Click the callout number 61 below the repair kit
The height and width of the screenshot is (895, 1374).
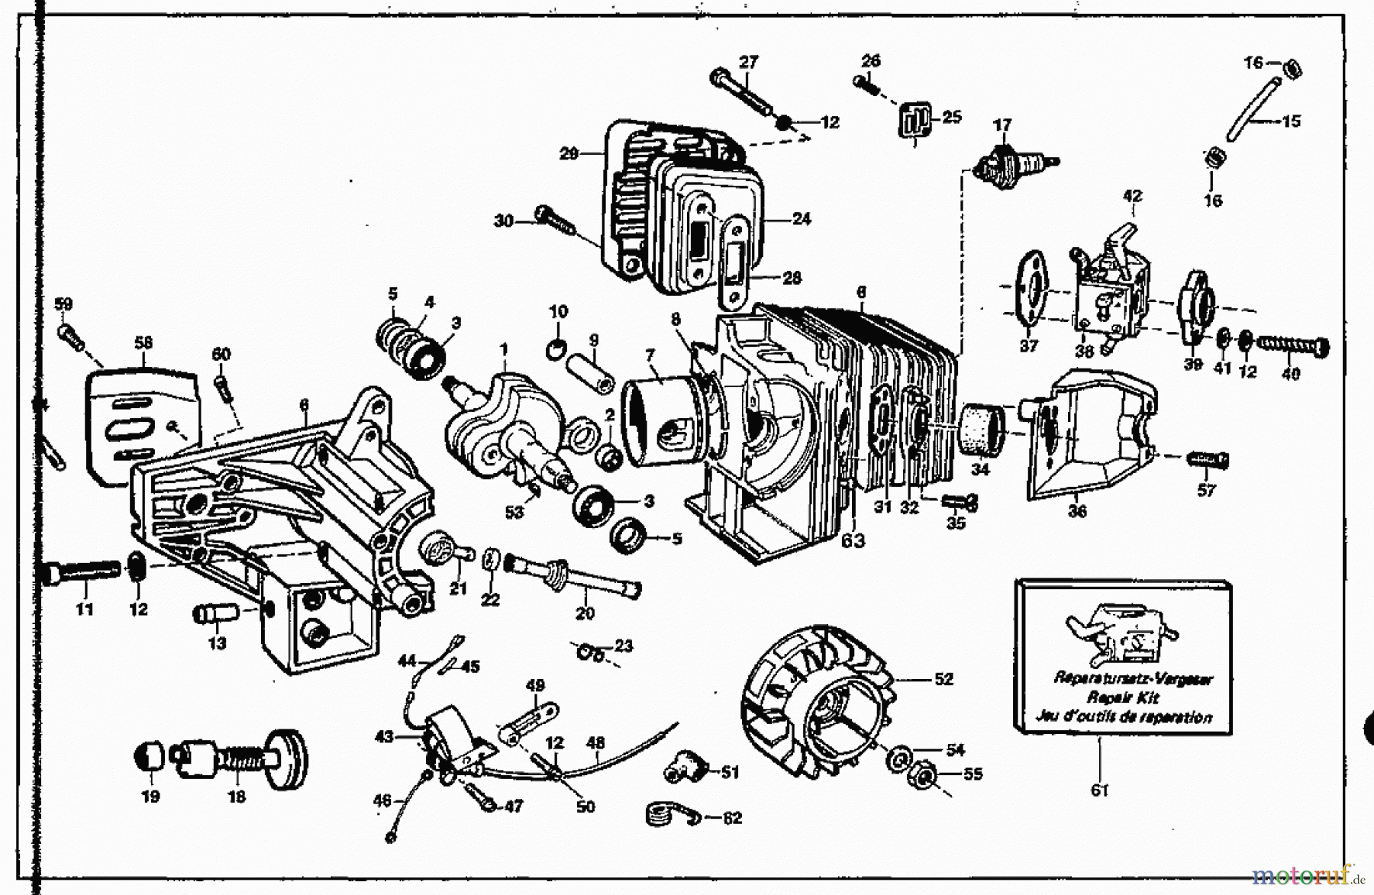(1098, 790)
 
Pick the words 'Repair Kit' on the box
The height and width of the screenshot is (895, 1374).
(1123, 697)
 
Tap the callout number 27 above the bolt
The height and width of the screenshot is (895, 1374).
(749, 61)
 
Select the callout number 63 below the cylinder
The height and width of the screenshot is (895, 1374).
(853, 541)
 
